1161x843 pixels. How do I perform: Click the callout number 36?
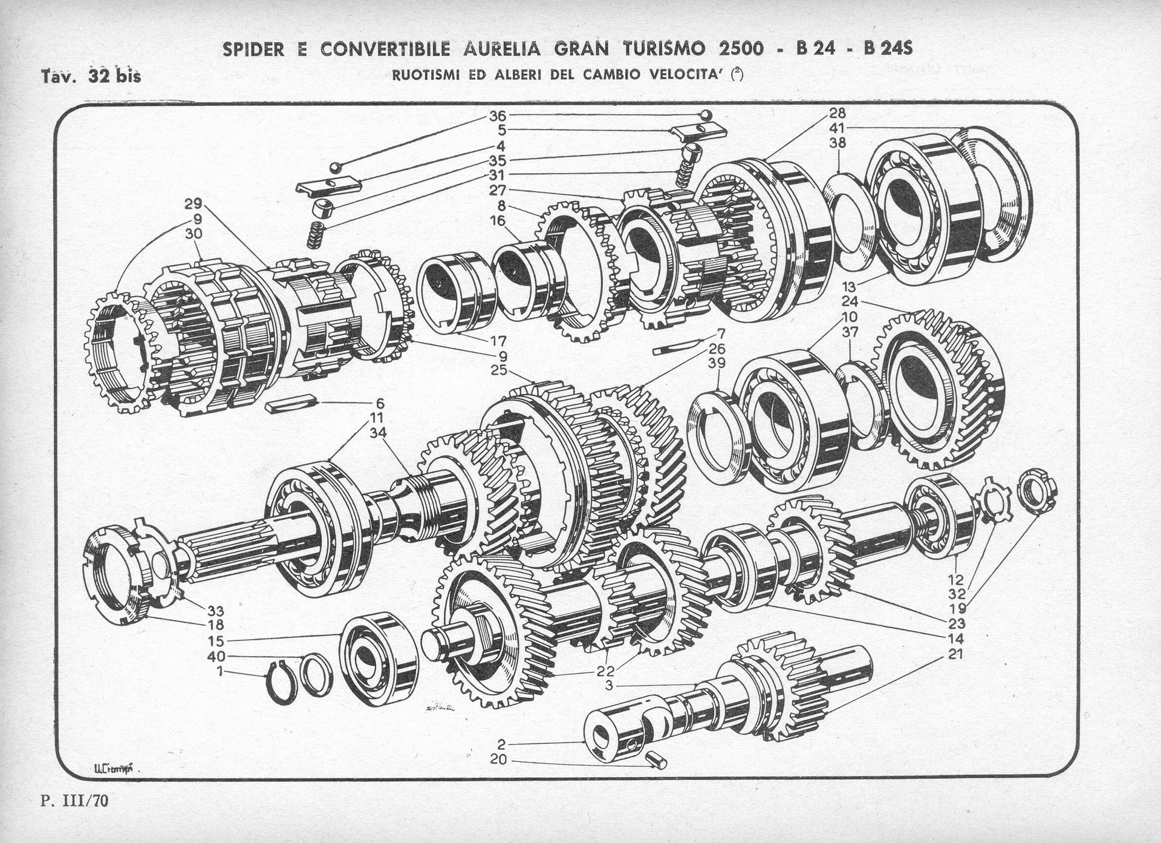point(498,115)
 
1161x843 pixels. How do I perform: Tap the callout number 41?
point(837,128)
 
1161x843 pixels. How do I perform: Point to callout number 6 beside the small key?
point(380,402)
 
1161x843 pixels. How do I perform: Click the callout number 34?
point(377,431)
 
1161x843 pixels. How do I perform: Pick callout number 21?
point(956,654)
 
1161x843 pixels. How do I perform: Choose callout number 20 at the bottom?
point(500,761)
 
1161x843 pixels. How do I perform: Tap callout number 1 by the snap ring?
point(221,671)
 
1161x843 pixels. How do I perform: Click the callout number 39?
point(717,363)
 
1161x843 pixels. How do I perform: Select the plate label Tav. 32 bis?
point(91,76)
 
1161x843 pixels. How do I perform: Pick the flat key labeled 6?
point(290,403)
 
